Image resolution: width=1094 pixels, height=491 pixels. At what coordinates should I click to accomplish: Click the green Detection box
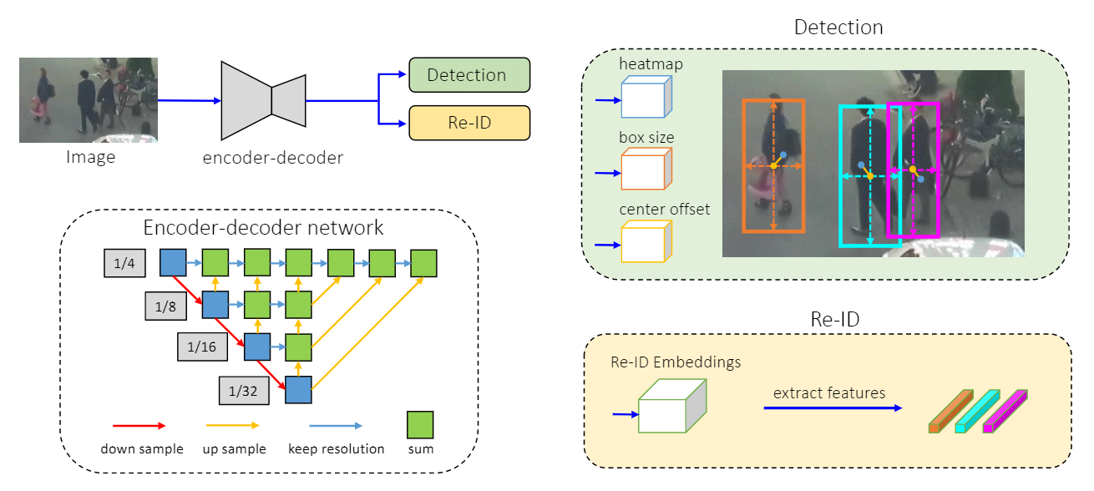469,74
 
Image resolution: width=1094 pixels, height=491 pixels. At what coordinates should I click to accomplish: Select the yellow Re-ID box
469,123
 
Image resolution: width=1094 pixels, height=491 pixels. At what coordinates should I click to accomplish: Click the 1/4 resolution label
124,263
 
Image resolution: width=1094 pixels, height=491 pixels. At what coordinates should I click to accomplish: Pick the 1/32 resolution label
243,389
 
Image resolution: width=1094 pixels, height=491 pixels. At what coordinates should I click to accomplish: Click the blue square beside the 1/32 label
298,389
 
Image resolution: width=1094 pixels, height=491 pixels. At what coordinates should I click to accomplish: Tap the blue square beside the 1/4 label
173,262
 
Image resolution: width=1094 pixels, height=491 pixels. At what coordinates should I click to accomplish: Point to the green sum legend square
420,423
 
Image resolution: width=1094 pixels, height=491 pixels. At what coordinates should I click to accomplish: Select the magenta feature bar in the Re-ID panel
1005,411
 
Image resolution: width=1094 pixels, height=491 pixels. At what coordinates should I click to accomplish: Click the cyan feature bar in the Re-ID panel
977,411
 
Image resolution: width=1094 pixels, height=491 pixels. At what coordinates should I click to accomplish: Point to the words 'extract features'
828,392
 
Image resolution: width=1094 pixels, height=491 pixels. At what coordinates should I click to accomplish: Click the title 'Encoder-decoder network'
263,228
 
